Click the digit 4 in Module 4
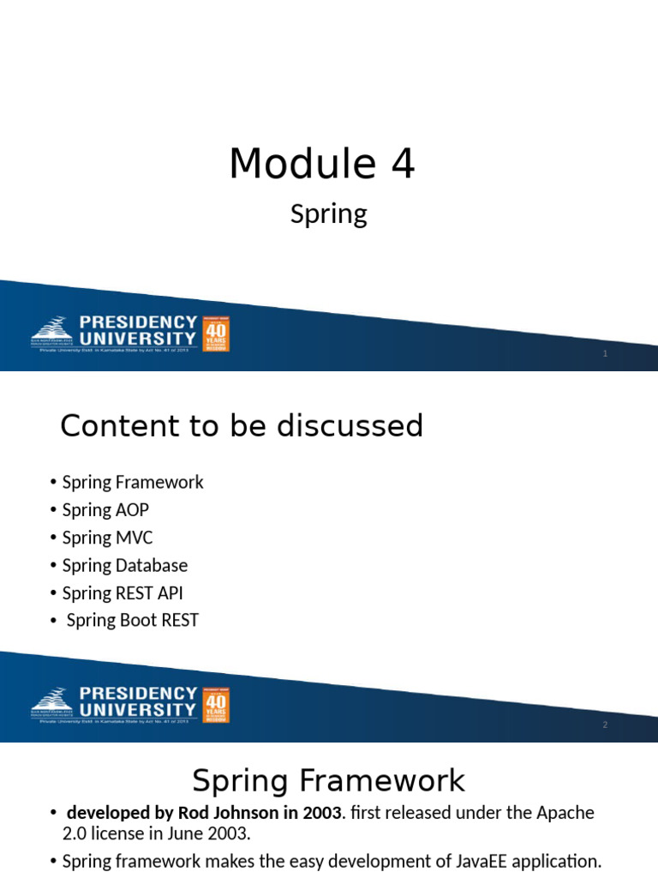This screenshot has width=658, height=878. [x=403, y=164]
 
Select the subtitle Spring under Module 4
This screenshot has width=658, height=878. [x=328, y=213]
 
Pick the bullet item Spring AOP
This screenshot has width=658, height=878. [x=105, y=509]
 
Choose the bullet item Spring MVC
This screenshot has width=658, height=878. [x=107, y=538]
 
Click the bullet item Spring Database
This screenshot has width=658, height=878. [x=124, y=565]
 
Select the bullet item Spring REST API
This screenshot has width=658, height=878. [x=123, y=592]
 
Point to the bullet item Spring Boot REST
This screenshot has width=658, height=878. [x=132, y=620]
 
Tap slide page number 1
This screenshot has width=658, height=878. [x=605, y=353]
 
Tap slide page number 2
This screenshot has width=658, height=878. [x=605, y=725]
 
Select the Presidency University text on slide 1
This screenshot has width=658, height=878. [x=137, y=330]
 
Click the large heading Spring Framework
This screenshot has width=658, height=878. [x=328, y=781]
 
